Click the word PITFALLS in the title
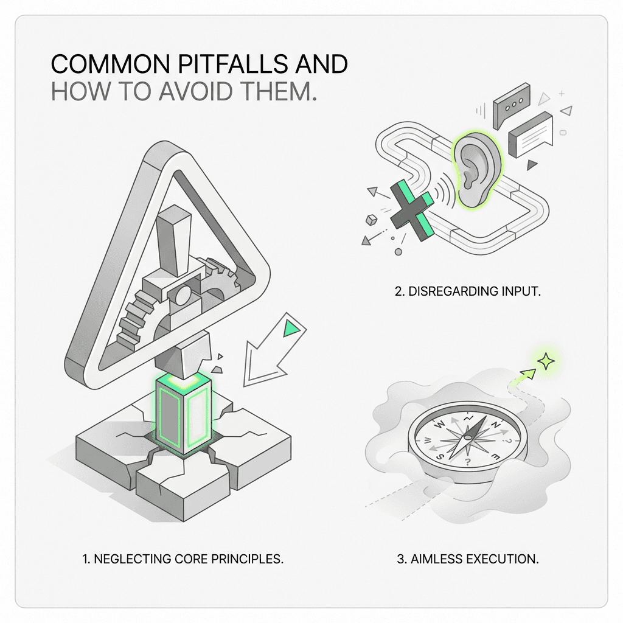(x=232, y=64)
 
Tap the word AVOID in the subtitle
(x=195, y=91)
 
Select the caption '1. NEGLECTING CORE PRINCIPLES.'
(x=183, y=559)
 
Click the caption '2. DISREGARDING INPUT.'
(x=468, y=291)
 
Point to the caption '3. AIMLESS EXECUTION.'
(x=468, y=559)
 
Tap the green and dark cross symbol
(x=412, y=209)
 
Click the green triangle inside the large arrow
(x=291, y=329)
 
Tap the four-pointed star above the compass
(x=546, y=361)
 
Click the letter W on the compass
(x=439, y=425)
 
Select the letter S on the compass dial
(x=440, y=456)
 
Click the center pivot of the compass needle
(x=468, y=438)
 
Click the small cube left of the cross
(x=371, y=220)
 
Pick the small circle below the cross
(x=398, y=252)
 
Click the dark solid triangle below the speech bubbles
(x=531, y=164)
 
